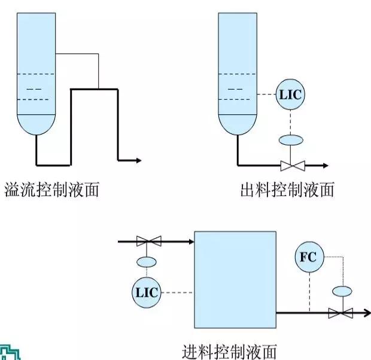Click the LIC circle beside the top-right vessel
click(x=290, y=95)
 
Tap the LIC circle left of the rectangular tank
click(x=146, y=292)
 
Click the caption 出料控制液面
click(x=287, y=190)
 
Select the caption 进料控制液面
click(x=230, y=350)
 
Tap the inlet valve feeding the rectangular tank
click(x=148, y=242)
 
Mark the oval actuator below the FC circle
click(x=342, y=291)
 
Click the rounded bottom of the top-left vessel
click(x=36, y=126)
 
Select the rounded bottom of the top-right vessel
click(x=238, y=126)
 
